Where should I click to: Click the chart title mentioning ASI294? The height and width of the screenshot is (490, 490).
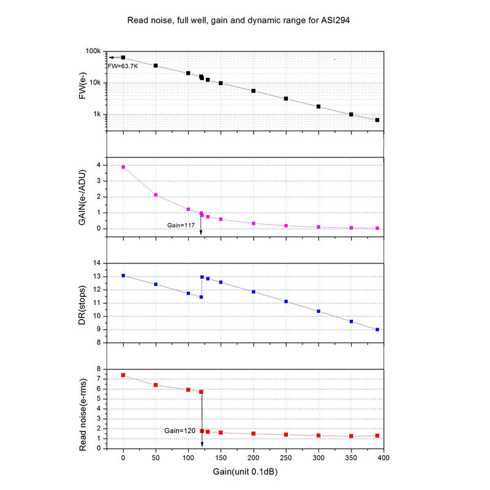tap(238, 20)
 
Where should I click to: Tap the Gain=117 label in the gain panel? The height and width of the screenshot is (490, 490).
tap(181, 225)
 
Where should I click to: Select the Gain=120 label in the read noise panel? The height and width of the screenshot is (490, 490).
tap(179, 431)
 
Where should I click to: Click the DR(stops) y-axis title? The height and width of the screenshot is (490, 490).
tap(83, 303)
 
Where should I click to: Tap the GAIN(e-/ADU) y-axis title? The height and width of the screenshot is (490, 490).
tap(83, 197)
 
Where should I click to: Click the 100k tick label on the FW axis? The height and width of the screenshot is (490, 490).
tap(92, 51)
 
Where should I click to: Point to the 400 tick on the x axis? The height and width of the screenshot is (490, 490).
tap(383, 457)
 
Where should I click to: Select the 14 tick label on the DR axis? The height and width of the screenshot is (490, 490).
tap(96, 263)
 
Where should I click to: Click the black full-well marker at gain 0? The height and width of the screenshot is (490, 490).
tap(123, 58)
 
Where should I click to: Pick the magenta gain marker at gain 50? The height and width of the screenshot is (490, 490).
tap(156, 195)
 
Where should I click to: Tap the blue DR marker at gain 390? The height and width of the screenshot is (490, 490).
tap(377, 330)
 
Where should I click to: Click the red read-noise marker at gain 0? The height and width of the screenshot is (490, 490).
tap(123, 375)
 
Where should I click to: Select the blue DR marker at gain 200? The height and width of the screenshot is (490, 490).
tap(254, 292)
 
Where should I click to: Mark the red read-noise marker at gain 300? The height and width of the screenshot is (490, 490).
tap(318, 435)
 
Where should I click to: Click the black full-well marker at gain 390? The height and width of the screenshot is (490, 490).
tap(377, 120)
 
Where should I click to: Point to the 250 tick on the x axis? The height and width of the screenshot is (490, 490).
tap(286, 457)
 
